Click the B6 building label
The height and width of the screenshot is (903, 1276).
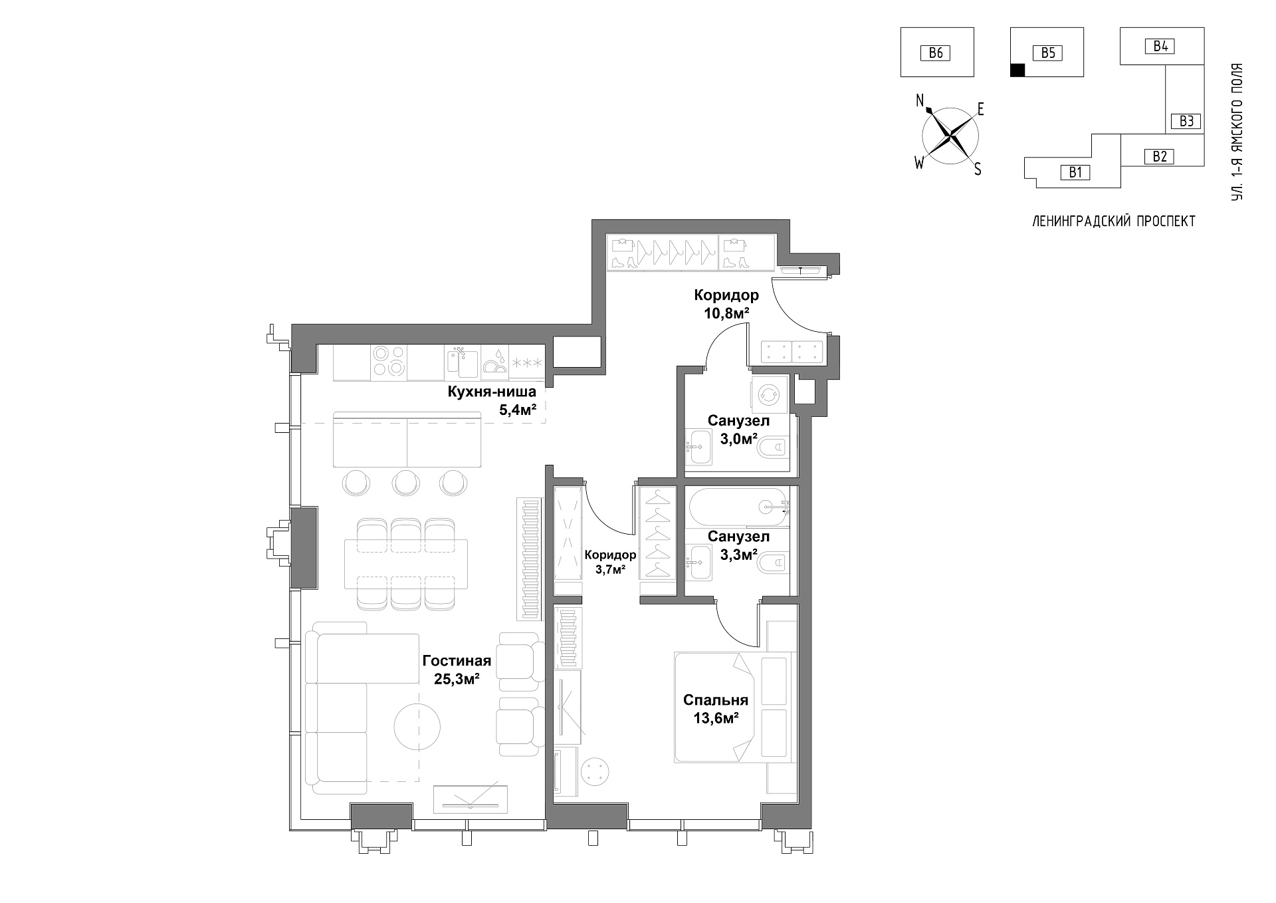pyautogui.click(x=936, y=53)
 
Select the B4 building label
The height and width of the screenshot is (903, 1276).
pyautogui.click(x=1160, y=46)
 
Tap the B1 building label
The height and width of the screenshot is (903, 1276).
pyautogui.click(x=1075, y=172)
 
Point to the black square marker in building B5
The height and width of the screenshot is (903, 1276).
pyautogui.click(x=1017, y=70)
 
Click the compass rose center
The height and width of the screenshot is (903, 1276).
pyautogui.click(x=950, y=136)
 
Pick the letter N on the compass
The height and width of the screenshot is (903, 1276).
pyautogui.click(x=920, y=100)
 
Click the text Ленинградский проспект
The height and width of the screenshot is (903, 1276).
pyautogui.click(x=1114, y=221)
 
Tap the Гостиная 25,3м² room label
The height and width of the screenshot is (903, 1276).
pyautogui.click(x=457, y=670)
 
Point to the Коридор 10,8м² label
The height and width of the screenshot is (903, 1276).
pyautogui.click(x=726, y=304)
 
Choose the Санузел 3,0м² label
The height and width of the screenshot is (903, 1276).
pyautogui.click(x=738, y=430)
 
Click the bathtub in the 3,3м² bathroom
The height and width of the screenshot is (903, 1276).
pyautogui.click(x=738, y=507)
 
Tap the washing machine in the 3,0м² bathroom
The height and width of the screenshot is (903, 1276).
pyautogui.click(x=769, y=395)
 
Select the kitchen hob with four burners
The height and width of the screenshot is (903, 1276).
pyautogui.click(x=389, y=361)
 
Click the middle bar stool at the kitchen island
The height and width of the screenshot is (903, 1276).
pyautogui.click(x=405, y=482)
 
